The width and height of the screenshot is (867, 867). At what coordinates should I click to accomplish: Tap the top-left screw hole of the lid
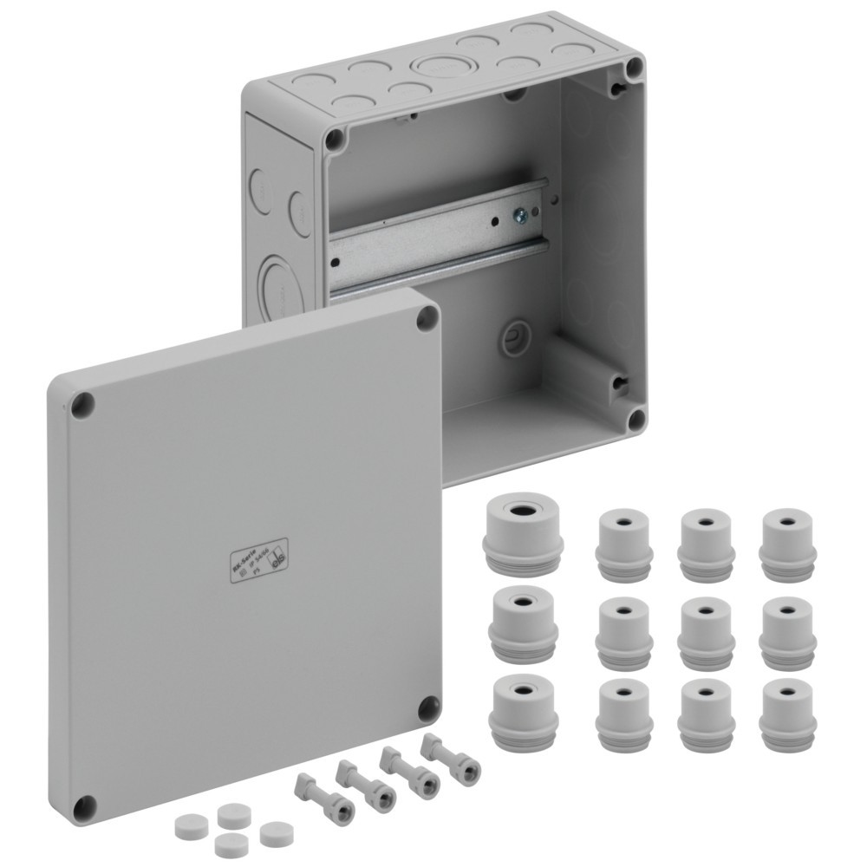[82, 404]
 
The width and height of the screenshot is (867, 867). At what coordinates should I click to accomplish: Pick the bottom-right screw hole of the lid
[427, 708]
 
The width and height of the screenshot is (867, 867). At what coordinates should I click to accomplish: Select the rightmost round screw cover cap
[276, 833]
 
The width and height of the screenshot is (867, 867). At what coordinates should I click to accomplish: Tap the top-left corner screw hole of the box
[335, 140]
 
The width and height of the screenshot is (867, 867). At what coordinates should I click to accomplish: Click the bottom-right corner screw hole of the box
[636, 420]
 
